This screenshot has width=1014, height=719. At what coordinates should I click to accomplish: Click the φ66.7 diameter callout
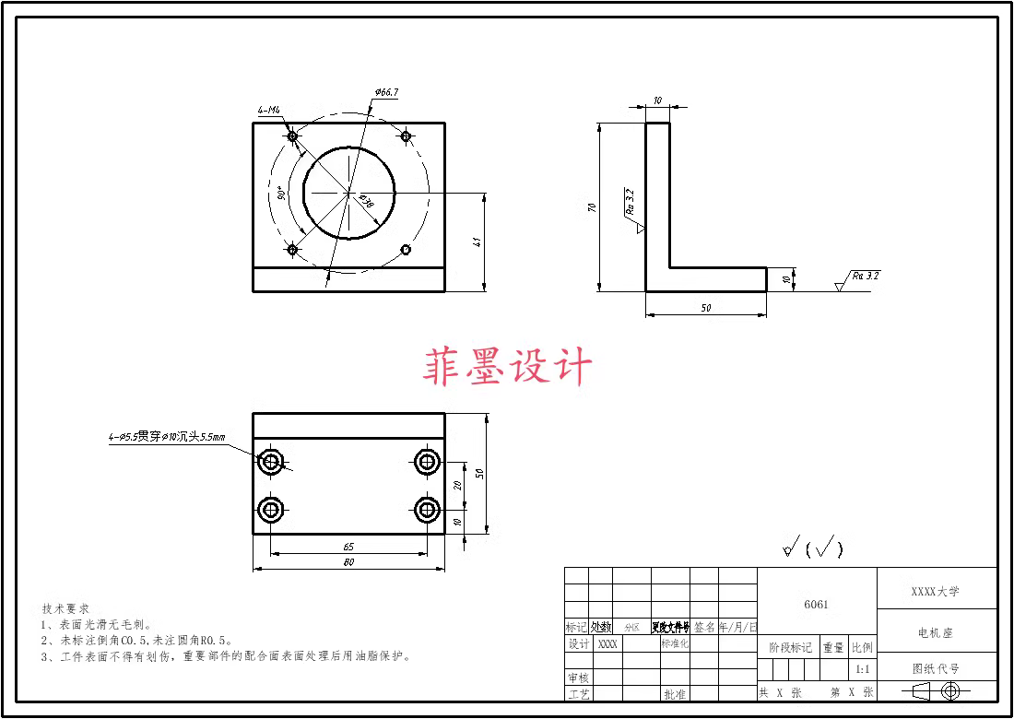point(386,92)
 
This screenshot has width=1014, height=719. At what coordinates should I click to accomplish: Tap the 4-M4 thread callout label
point(269,111)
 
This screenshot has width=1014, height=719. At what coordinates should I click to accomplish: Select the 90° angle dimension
point(280,194)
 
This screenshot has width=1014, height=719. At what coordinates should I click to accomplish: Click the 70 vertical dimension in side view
point(591,208)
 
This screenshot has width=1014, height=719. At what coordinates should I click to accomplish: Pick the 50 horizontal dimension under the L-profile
point(706,308)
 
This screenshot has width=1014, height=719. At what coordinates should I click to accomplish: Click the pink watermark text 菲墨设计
point(507,367)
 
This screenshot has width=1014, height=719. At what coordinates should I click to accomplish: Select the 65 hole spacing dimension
point(348,547)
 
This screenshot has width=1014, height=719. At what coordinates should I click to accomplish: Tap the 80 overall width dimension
point(348,561)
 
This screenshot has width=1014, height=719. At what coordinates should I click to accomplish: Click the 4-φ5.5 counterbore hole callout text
point(167,438)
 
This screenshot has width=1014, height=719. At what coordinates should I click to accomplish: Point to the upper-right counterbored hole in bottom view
point(426,462)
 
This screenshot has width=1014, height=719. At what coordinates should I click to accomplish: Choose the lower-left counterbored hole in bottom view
point(271,509)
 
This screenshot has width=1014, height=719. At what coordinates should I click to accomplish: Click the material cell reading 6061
point(816,605)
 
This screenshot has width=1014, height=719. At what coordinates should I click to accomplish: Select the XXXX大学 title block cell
point(936,591)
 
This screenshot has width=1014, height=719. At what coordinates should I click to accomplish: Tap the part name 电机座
point(936,633)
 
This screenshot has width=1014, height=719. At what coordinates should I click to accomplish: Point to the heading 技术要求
point(65,609)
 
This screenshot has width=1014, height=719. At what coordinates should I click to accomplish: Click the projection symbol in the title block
point(936,691)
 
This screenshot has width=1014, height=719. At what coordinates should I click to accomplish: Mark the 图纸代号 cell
point(936,669)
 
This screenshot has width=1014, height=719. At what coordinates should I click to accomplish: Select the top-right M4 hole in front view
point(405,136)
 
